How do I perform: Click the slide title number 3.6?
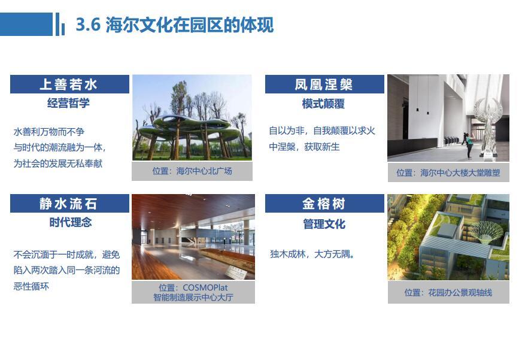[x=88, y=25]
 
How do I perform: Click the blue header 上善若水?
[x=69, y=84]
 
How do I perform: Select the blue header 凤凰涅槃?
[x=324, y=84]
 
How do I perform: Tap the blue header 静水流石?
[x=69, y=204]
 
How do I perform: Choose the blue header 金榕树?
[x=324, y=204]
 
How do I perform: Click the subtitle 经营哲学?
[x=69, y=103]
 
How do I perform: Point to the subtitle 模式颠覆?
[x=323, y=104]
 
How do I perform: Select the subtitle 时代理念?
[x=71, y=222]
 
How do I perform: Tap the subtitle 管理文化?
[x=324, y=224]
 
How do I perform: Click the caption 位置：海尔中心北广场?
[x=192, y=171]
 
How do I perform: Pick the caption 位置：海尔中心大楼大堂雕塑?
[x=448, y=173]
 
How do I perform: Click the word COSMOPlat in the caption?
[x=205, y=288]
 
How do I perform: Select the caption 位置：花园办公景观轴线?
[x=448, y=293]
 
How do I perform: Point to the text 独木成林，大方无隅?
[x=312, y=255]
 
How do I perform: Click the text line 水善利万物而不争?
[x=49, y=132]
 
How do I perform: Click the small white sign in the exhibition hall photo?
[x=236, y=273]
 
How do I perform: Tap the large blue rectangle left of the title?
[x=26, y=24]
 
